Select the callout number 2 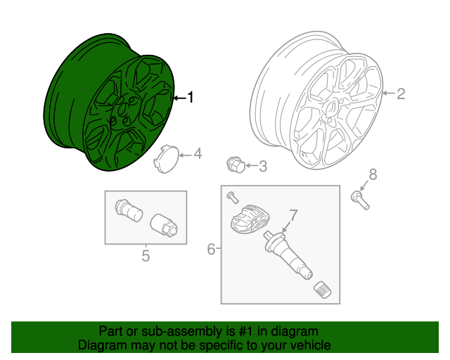(x=400, y=94)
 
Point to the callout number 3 (x=262, y=167)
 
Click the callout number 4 (x=198, y=153)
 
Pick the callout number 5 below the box (x=146, y=256)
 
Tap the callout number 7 (x=294, y=214)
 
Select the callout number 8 (x=373, y=174)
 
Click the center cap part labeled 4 (x=165, y=157)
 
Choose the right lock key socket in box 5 (x=163, y=225)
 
